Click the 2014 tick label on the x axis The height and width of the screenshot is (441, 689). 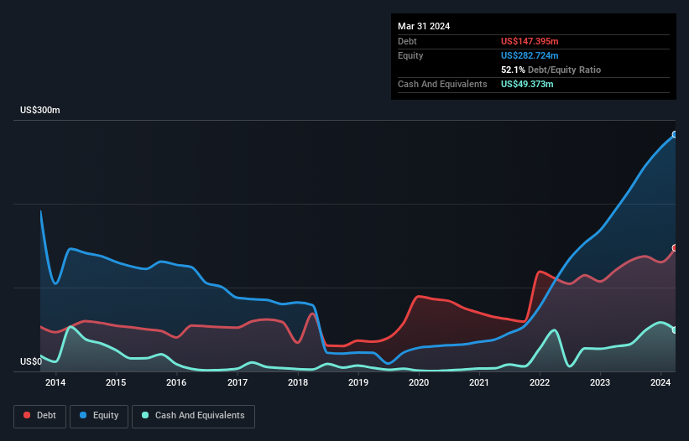click(55, 383)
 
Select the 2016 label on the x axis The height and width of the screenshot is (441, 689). click(176, 383)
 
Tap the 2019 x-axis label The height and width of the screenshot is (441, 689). click(358, 383)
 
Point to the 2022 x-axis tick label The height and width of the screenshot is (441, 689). click(540, 383)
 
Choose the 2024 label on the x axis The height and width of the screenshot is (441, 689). click(661, 383)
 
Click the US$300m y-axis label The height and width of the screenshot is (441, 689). click(40, 111)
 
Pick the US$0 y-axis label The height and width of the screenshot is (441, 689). click(32, 362)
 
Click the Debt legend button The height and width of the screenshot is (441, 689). click(39, 416)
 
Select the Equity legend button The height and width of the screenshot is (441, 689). click(99, 416)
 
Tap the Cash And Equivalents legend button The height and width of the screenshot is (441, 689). click(193, 416)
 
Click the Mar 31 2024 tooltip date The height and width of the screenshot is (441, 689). click(424, 26)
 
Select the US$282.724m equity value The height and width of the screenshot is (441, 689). click(530, 55)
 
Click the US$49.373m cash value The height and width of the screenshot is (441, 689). click(527, 84)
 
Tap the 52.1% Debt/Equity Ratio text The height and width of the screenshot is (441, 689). click(551, 70)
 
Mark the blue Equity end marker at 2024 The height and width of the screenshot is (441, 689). click(675, 134)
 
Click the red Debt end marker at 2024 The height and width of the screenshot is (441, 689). click(675, 248)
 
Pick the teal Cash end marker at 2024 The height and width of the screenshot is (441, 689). click(675, 329)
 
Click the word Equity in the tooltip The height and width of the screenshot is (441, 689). click(410, 55)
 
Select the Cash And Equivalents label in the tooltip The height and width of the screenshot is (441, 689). click(442, 84)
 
